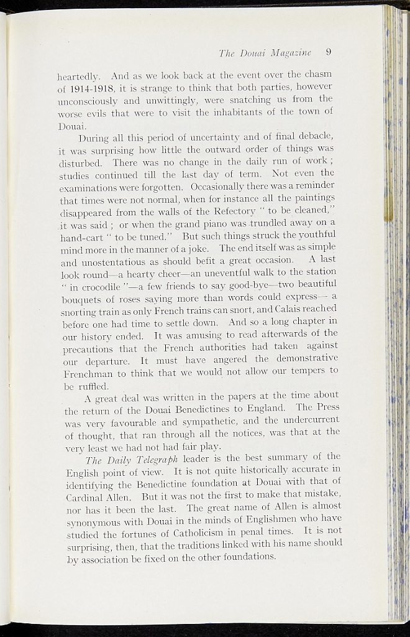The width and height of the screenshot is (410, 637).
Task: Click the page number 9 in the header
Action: (329, 52)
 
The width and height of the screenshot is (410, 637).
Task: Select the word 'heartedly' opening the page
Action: (76, 76)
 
